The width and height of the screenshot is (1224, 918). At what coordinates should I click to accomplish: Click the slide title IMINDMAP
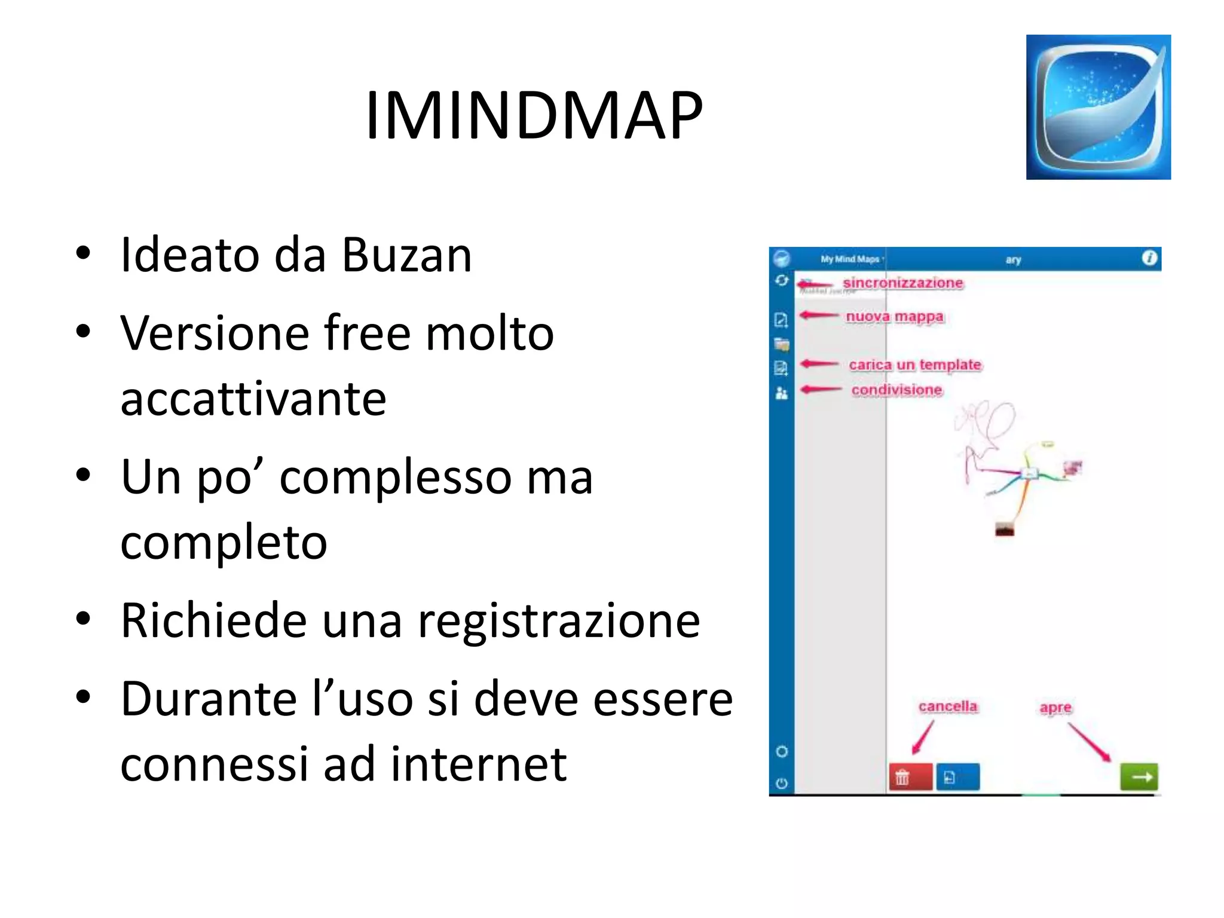[x=534, y=115]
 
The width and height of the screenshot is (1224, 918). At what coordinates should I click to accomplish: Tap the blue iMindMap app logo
[x=1098, y=107]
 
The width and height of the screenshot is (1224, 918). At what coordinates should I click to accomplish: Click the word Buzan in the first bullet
[x=406, y=255]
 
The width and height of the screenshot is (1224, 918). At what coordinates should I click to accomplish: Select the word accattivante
[x=253, y=399]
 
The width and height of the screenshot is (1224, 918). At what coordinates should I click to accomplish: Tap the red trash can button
[x=910, y=777]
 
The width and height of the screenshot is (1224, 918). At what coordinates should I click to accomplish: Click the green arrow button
[x=1139, y=777]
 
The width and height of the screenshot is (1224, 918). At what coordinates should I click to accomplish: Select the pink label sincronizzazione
[x=902, y=283]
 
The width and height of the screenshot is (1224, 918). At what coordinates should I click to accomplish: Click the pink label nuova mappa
[x=895, y=316]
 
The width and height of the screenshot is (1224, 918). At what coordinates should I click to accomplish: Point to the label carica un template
[x=915, y=365]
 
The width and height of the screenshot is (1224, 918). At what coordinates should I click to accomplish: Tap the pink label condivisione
[x=896, y=390]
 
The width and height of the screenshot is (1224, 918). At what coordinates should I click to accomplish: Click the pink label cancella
[x=948, y=706]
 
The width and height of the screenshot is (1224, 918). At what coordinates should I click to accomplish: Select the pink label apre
[x=1055, y=708]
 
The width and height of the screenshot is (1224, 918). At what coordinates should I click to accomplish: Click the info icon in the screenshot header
[x=1149, y=258]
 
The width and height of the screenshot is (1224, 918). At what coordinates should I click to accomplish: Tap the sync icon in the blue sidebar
[x=782, y=280]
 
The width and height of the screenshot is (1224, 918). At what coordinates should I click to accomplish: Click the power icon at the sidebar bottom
[x=782, y=783]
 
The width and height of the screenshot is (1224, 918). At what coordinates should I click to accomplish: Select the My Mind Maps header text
[x=850, y=259]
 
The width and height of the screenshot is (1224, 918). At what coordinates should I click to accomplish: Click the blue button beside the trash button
[x=957, y=777]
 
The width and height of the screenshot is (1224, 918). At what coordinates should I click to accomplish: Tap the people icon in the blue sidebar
[x=782, y=393]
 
